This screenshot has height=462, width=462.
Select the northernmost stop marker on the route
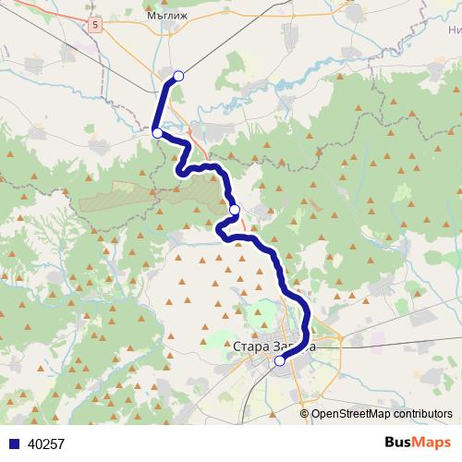tap(178, 76)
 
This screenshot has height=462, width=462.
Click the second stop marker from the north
tap(157, 134)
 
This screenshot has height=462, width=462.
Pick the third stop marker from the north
tap(235, 210)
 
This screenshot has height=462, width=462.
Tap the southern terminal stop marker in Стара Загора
tap(280, 361)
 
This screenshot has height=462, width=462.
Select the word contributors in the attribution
tap(421, 414)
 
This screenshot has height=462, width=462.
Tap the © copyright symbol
tap(304, 414)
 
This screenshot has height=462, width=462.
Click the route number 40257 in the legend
tap(46, 444)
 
